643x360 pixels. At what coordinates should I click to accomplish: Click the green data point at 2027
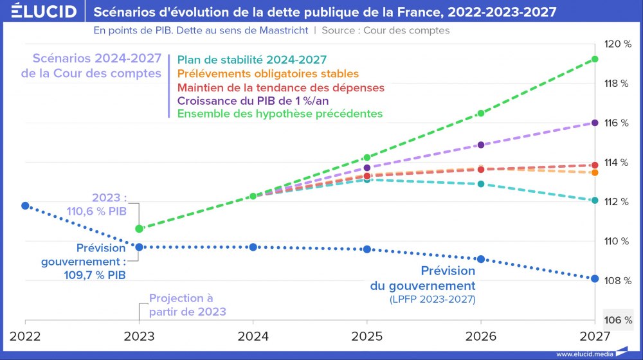(x=595, y=59)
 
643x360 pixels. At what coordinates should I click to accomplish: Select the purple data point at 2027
(x=595, y=122)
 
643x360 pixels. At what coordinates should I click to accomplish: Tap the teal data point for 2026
(x=480, y=184)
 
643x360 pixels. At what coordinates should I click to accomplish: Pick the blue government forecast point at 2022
(x=25, y=206)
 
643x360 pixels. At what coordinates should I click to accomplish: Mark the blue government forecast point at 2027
(x=595, y=279)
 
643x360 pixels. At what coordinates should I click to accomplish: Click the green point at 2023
(x=140, y=229)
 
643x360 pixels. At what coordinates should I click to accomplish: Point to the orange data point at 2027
(x=595, y=172)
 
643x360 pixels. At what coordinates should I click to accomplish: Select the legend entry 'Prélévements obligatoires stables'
(x=267, y=74)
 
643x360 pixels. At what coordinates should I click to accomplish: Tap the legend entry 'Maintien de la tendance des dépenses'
(x=280, y=87)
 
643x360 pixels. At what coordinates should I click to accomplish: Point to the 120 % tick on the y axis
(x=618, y=44)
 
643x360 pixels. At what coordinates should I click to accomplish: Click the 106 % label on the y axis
(x=618, y=319)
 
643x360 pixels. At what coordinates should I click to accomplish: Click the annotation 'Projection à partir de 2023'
(x=188, y=305)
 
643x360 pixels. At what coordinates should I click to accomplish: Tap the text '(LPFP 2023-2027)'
(x=433, y=299)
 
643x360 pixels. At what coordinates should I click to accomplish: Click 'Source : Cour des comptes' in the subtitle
(x=385, y=30)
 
